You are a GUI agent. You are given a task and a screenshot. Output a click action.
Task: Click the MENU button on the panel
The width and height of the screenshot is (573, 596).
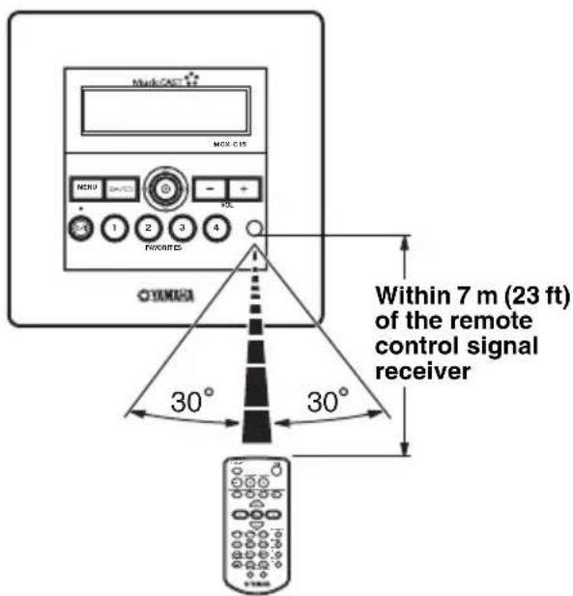pyautogui.click(x=84, y=186)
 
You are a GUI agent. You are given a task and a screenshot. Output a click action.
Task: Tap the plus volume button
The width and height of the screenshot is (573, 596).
pyautogui.click(x=245, y=187)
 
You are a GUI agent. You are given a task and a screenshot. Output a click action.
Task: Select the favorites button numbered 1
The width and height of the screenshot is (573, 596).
pyautogui.click(x=116, y=230)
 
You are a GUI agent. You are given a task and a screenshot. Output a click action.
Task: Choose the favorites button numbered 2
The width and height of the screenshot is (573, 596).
pyautogui.click(x=149, y=230)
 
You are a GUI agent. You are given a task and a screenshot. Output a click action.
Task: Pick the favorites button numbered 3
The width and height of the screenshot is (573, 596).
pyautogui.click(x=183, y=230)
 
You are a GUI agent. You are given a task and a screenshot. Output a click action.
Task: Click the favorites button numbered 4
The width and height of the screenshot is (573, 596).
pyautogui.click(x=215, y=230)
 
